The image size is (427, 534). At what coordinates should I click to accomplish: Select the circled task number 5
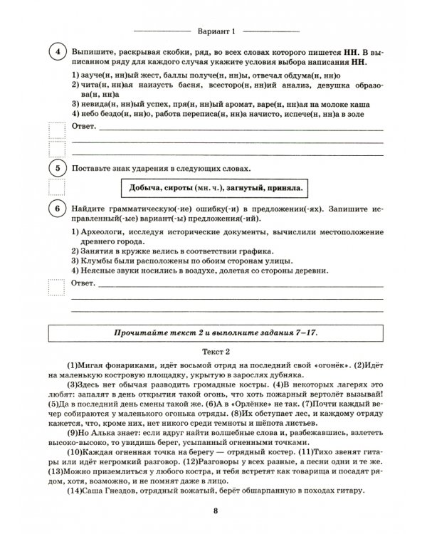(55, 169)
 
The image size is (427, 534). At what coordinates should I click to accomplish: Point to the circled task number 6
(55, 207)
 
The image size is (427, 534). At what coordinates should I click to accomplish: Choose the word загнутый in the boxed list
(244, 189)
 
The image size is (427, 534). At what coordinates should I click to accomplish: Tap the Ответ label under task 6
(82, 284)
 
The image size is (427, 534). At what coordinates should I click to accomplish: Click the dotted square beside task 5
(55, 187)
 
